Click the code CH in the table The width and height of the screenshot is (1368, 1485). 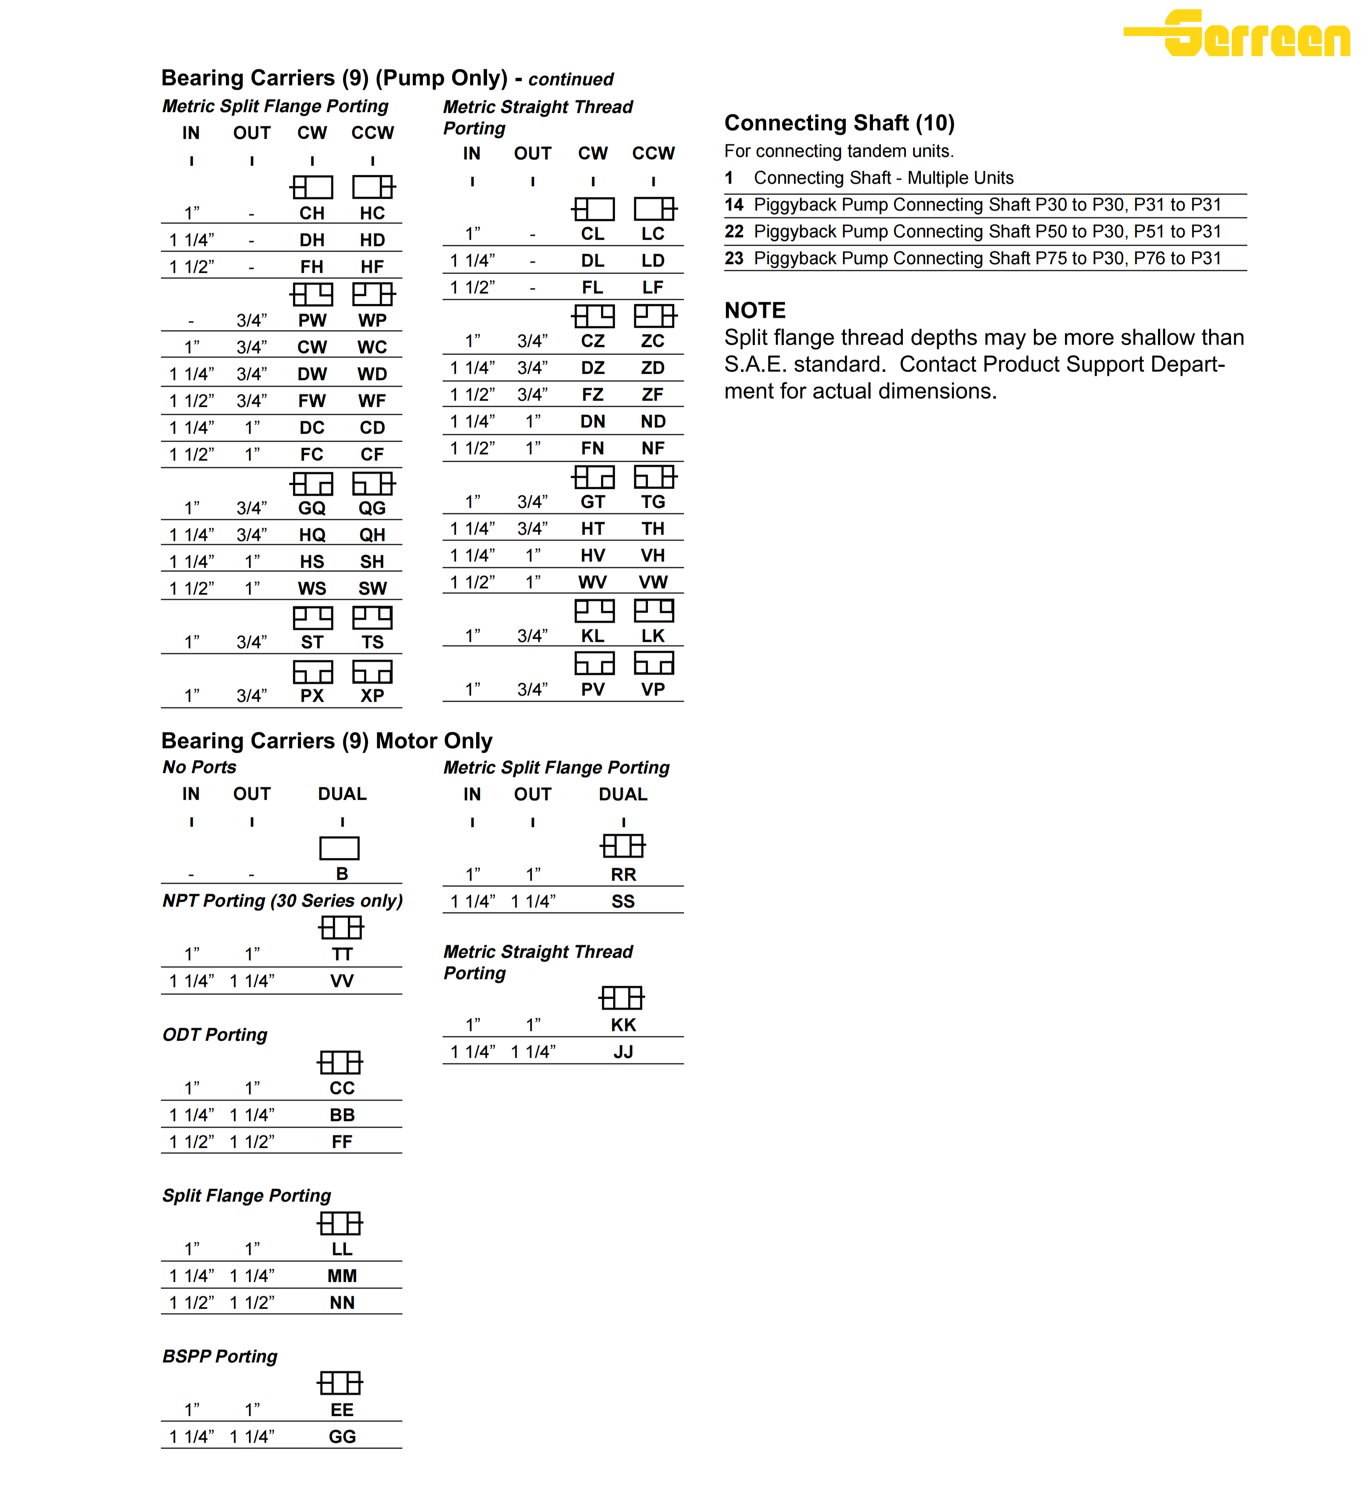coord(312,213)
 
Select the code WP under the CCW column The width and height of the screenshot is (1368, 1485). coord(372,320)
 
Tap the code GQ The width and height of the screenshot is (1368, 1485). coord(312,508)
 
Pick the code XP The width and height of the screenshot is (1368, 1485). coord(372,695)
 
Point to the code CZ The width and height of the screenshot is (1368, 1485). coord(592,341)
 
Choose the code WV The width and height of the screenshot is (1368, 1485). coord(592,582)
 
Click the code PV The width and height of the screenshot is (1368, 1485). coord(592,690)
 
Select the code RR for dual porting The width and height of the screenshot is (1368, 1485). coord(623,875)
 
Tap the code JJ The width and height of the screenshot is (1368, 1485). coord(623,1051)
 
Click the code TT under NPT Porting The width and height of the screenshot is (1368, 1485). coord(342,955)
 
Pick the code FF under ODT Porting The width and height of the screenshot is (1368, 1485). coord(342,1142)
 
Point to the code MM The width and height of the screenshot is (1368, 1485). coord(342,1276)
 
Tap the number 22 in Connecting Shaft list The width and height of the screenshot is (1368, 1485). coord(733,232)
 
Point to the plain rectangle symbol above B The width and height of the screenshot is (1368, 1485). coord(339,848)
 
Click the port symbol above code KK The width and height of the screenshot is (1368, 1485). coord(622,998)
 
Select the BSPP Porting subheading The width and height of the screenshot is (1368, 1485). coord(220,1356)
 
